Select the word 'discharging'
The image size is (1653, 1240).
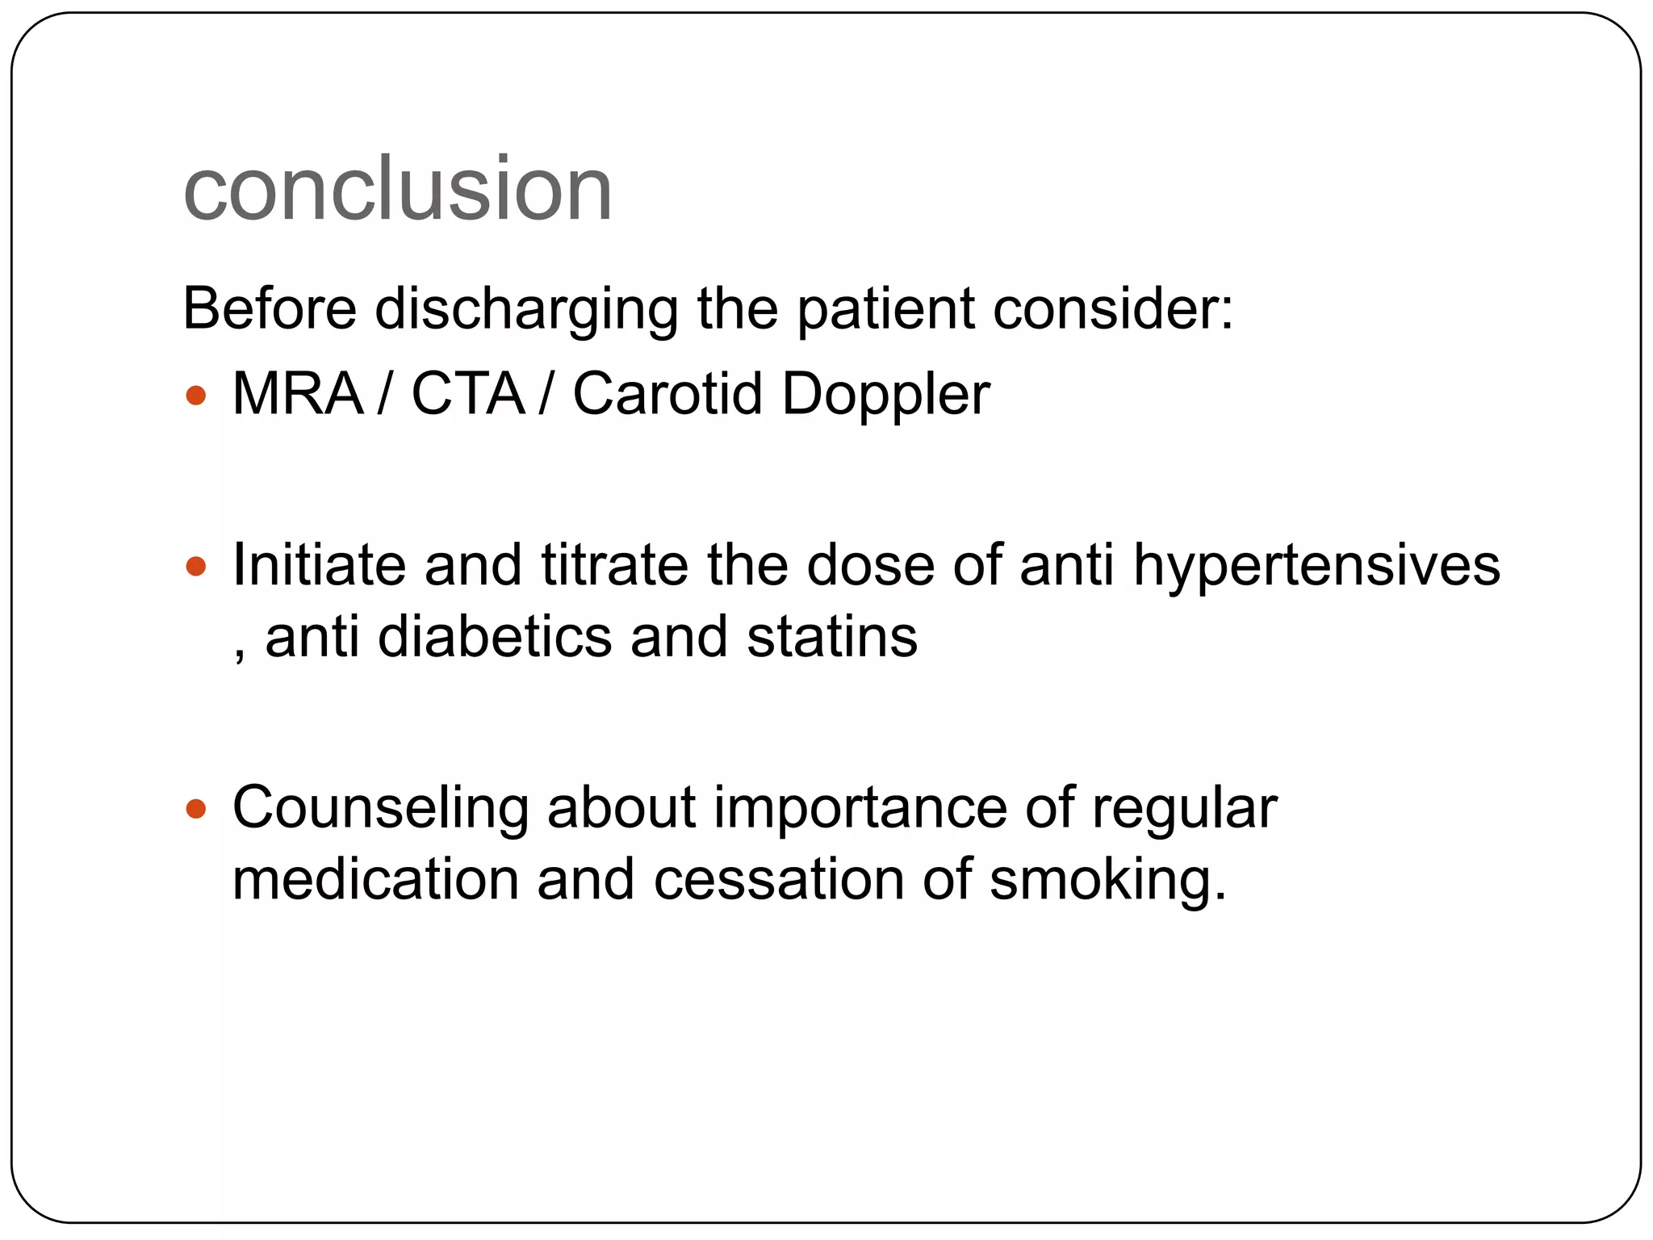[526, 309]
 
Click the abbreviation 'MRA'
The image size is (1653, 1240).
[298, 394]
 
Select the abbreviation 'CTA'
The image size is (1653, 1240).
[468, 394]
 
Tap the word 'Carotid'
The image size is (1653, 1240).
[667, 394]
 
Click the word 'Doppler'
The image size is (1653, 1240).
[885, 396]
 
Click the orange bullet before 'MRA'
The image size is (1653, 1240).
[196, 396]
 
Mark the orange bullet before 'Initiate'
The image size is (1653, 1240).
[196, 566]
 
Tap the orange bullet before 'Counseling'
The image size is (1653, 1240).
[196, 808]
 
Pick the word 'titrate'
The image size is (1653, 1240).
[614, 564]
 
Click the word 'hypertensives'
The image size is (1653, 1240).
[1316, 566]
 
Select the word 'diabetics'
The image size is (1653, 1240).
[495, 637]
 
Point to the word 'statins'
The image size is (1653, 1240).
[832, 637]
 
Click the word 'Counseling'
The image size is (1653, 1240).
[380, 808]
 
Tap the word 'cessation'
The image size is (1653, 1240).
[779, 879]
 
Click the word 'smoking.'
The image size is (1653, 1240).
[1108, 881]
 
